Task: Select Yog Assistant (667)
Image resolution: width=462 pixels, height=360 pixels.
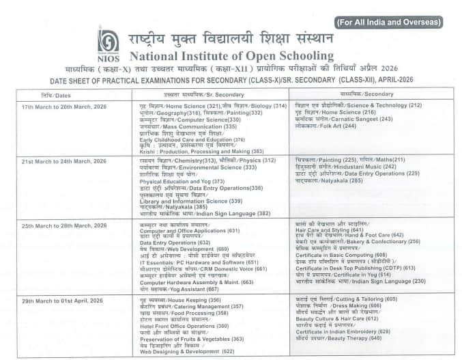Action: click(187, 288)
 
